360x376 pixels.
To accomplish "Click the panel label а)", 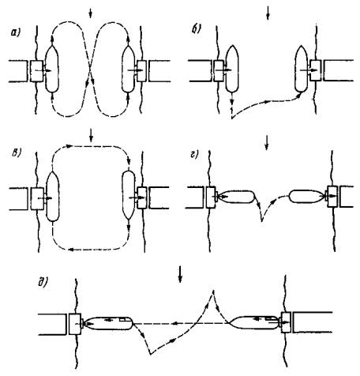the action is (x=16, y=32).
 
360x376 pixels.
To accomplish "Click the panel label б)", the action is (x=196, y=29).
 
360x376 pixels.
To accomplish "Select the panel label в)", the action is (x=16, y=153).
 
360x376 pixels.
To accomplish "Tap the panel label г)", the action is (x=194, y=155).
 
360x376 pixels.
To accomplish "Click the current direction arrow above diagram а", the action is (x=91, y=13).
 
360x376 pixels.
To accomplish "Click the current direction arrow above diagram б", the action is (x=268, y=13).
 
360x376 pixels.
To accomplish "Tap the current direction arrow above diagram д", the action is (x=180, y=274).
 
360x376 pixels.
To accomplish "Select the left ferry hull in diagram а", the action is (x=52, y=69).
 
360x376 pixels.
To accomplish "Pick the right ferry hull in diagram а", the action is (x=129, y=70).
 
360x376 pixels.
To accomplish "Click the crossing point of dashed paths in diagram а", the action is (x=91, y=70).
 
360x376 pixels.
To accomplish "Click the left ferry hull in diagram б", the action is (x=232, y=69).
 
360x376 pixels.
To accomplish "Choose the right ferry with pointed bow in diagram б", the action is (x=302, y=69).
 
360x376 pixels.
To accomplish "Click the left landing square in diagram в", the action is (x=37, y=198).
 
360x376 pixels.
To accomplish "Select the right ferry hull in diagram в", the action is (x=129, y=195).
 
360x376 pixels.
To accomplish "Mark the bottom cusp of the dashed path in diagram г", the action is (x=261, y=220).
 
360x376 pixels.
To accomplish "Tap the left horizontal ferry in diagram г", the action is (x=236, y=197).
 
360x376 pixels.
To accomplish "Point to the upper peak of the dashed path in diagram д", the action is (x=213, y=291).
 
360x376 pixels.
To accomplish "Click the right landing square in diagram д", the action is (x=286, y=322).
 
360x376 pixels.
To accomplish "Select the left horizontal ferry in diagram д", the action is (x=109, y=323).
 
